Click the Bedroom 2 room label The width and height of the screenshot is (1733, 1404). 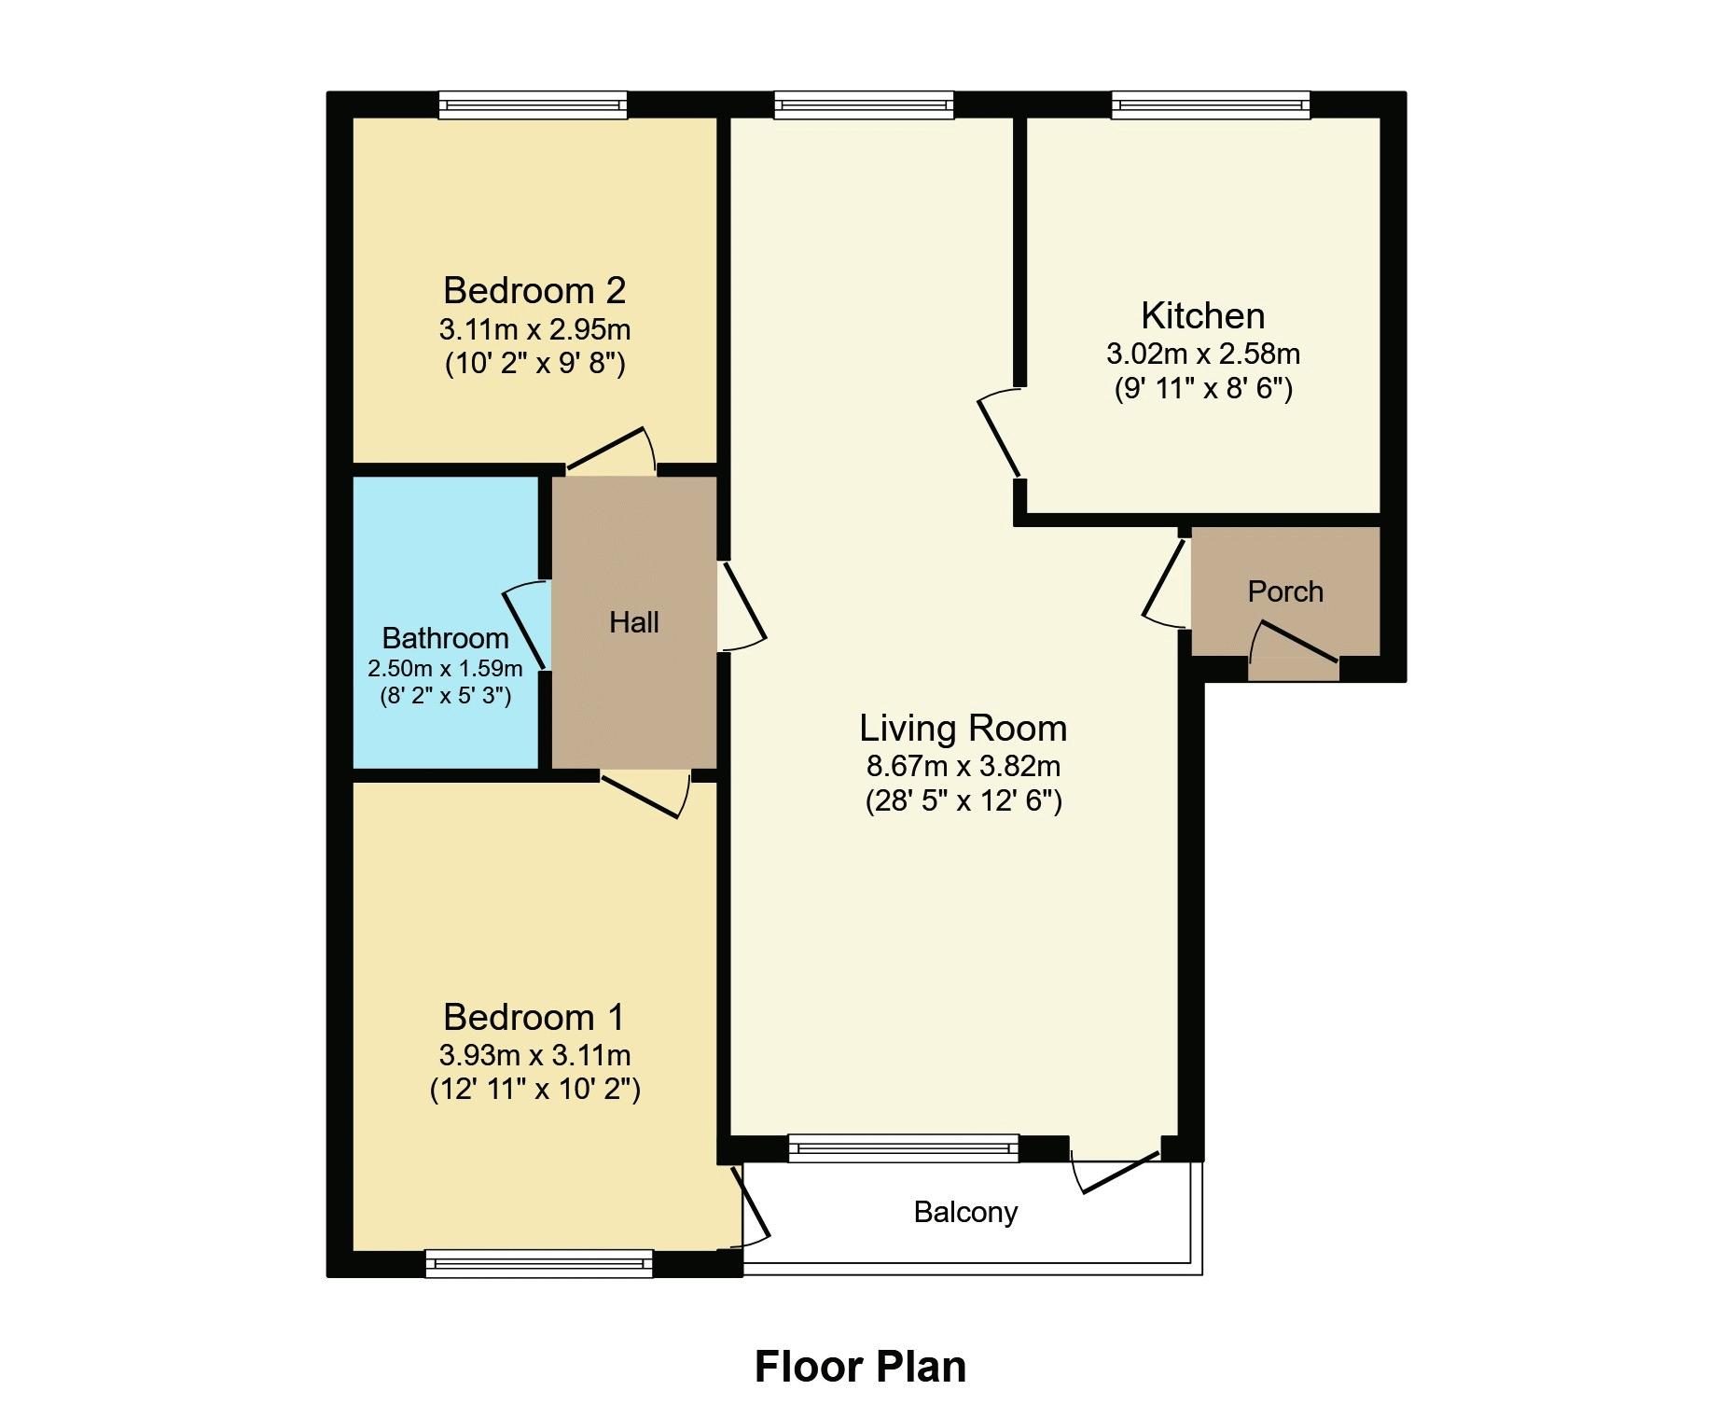pos(534,290)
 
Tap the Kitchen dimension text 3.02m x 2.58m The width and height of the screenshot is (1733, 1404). pos(1202,354)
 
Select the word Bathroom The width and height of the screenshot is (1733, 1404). pos(445,638)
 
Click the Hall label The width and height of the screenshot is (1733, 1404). pos(633,622)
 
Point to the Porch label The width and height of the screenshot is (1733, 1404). pos(1284,591)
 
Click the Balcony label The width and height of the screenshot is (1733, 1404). pos(964,1212)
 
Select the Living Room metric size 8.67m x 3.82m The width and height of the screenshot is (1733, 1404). pos(963,766)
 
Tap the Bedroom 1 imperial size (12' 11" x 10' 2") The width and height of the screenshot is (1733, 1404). pos(534,1089)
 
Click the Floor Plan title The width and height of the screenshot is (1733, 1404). pos(859,1366)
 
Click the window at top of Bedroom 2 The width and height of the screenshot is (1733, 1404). pos(533,104)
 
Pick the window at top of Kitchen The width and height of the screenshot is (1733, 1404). pos(1210,104)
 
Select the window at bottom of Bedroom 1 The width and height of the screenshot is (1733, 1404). pos(538,1263)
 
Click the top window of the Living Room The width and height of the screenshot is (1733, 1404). pos(864,104)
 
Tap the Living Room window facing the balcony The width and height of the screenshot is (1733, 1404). pos(903,1148)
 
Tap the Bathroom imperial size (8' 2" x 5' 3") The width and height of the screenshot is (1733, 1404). pos(445,696)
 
